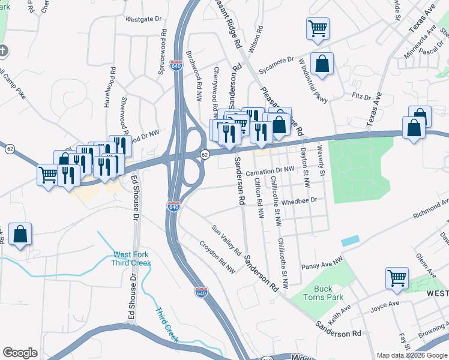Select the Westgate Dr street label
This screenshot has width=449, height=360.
[x=144, y=19]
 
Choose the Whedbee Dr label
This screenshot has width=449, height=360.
[x=298, y=202]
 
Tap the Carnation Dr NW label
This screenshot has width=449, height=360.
[x=270, y=170]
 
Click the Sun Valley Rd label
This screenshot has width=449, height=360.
[x=226, y=239]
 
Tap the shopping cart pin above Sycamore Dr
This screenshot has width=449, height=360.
[x=318, y=28]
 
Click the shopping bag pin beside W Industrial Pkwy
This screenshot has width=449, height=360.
[x=322, y=65]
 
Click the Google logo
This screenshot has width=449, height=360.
[x=20, y=353]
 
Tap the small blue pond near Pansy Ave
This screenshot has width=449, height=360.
[x=350, y=239]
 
